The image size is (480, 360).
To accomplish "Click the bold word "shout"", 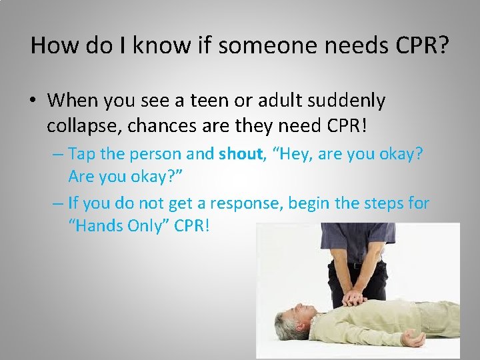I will tap(239, 154).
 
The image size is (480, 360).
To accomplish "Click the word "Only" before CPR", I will tap(150, 226).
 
